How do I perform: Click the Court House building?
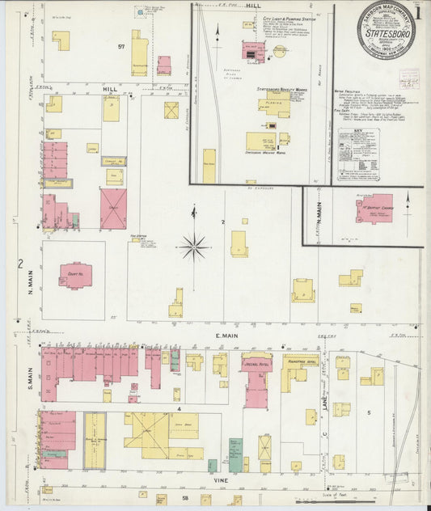[x=75, y=275]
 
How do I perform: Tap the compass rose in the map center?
[x=194, y=246]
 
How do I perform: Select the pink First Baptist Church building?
[x=374, y=207]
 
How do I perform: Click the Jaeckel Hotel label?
[x=256, y=363]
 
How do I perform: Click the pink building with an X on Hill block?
[x=113, y=209]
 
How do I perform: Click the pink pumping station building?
[x=253, y=51]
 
